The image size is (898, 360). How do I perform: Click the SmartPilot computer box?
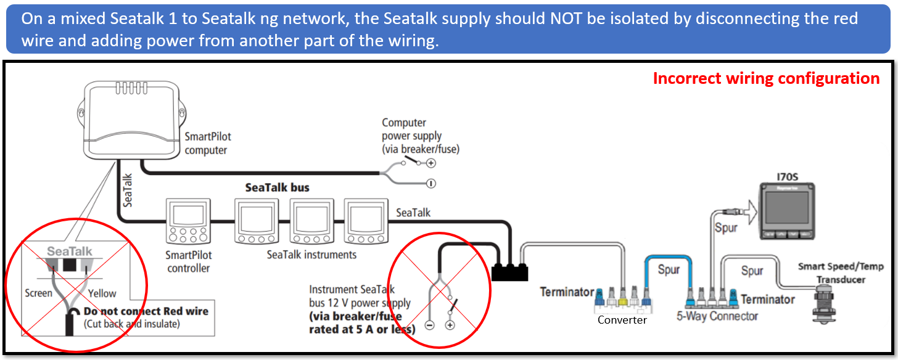(133, 117)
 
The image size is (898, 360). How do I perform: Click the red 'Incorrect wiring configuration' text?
(766, 78)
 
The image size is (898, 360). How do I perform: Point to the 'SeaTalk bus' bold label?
(277, 187)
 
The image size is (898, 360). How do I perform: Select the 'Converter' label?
(622, 320)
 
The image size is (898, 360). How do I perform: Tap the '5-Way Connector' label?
(717, 317)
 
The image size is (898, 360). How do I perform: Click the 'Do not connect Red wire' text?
(146, 311)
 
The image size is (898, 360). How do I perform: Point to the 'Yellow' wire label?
(102, 293)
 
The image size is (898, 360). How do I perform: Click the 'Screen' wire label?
(38, 293)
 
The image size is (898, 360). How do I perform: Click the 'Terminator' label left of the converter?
(567, 292)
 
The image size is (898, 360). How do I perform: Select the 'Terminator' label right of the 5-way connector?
(767, 300)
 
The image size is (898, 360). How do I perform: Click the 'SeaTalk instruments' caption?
(311, 254)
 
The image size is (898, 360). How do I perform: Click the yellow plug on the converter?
(624, 297)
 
